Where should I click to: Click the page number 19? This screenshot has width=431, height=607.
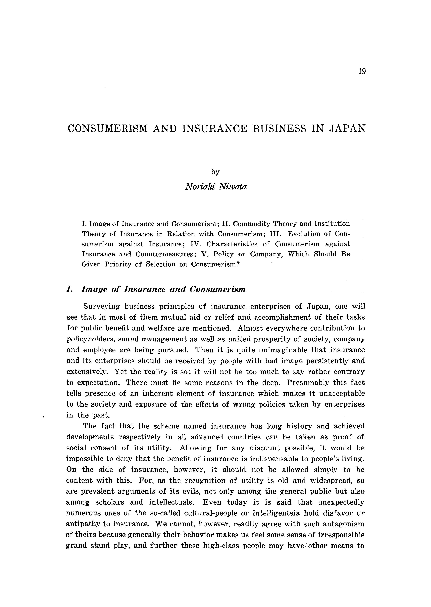pyautogui.click(x=362, y=71)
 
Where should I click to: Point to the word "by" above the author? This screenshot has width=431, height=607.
pyautogui.click(x=215, y=172)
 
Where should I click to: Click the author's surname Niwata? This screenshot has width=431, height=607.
pyautogui.click(x=233, y=187)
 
